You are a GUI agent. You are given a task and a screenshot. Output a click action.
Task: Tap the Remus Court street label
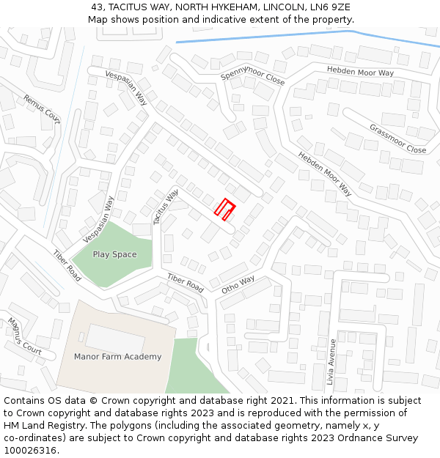[x=41, y=108]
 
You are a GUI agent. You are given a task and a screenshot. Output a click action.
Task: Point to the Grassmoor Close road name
[x=397, y=139]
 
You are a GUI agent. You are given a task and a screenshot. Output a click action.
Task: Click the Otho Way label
[x=238, y=284]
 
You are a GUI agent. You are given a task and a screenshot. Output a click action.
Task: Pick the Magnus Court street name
[x=25, y=335]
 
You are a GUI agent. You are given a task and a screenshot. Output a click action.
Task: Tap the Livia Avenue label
[x=331, y=362]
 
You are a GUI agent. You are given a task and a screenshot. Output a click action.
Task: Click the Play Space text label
[x=114, y=254]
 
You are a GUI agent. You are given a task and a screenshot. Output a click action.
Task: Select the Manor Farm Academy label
[x=117, y=357]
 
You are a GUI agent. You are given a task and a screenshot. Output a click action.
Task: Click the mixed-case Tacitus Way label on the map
[x=166, y=207]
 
